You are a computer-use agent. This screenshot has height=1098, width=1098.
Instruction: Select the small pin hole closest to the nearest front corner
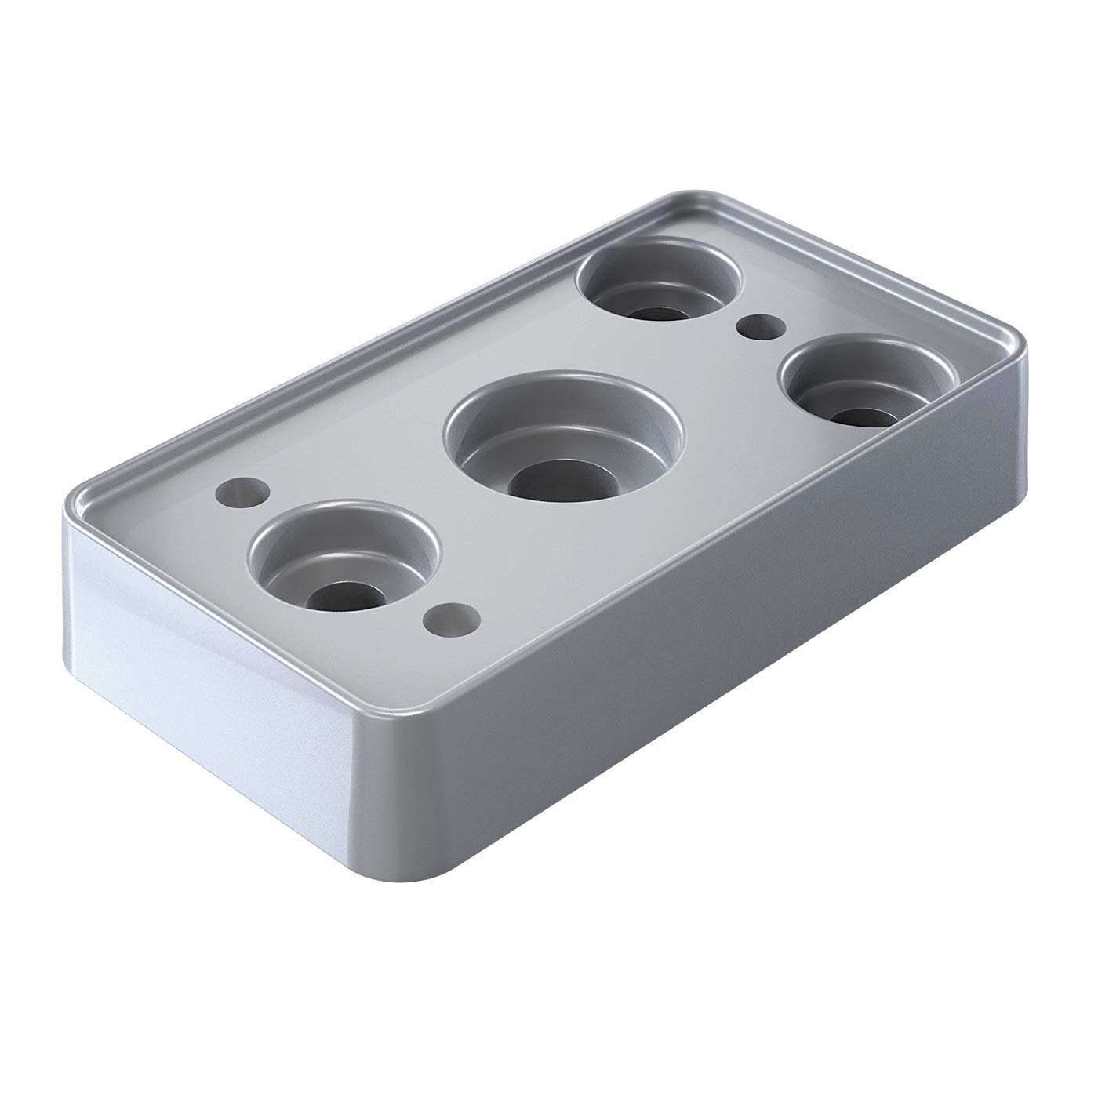click(x=449, y=620)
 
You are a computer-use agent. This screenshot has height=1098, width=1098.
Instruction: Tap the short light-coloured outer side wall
click(x=196, y=667)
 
